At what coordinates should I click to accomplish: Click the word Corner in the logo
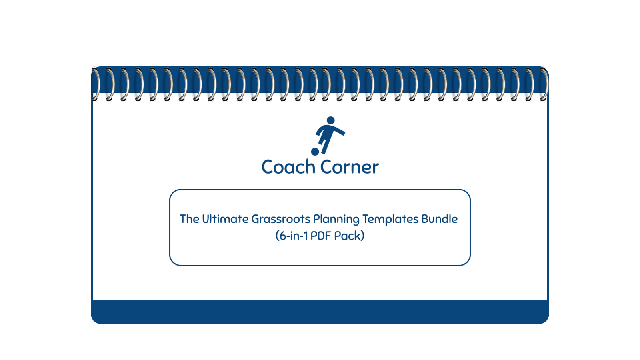click(349, 167)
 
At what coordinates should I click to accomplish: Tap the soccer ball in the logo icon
click(315, 152)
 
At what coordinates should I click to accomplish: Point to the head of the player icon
click(330, 120)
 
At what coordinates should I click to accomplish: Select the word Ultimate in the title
click(225, 219)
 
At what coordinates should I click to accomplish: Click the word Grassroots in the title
click(281, 219)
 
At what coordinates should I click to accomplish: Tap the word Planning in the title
click(336, 220)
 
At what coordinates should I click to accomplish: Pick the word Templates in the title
click(390, 219)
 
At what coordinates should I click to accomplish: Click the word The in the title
click(189, 219)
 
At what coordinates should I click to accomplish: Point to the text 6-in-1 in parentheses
click(294, 236)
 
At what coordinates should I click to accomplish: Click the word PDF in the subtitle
click(320, 236)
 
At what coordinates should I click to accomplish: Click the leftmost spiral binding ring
click(95, 84)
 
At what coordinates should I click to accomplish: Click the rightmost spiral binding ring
click(544, 84)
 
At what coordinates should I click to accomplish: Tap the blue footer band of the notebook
click(320, 312)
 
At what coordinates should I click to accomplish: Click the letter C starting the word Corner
click(326, 167)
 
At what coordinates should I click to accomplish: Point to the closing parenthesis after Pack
click(362, 236)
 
